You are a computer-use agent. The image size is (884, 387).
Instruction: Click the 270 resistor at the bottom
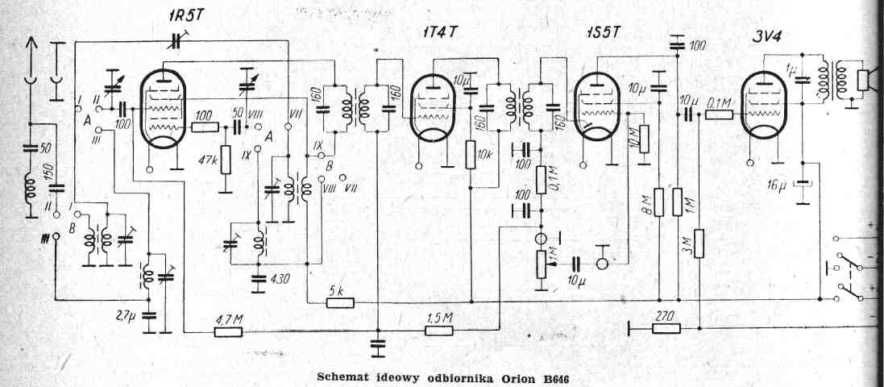664,328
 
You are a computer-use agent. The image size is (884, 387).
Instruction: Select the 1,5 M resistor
440,330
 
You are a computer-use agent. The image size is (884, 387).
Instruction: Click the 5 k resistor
339,303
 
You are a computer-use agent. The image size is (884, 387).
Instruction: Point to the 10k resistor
470,156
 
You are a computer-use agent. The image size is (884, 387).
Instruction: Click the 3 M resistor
699,243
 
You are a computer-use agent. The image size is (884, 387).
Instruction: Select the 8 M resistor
659,202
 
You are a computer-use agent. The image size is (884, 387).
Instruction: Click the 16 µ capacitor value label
778,187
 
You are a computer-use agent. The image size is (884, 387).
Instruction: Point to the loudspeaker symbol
865,81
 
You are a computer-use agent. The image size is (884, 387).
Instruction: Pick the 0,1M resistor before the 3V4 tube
720,114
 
